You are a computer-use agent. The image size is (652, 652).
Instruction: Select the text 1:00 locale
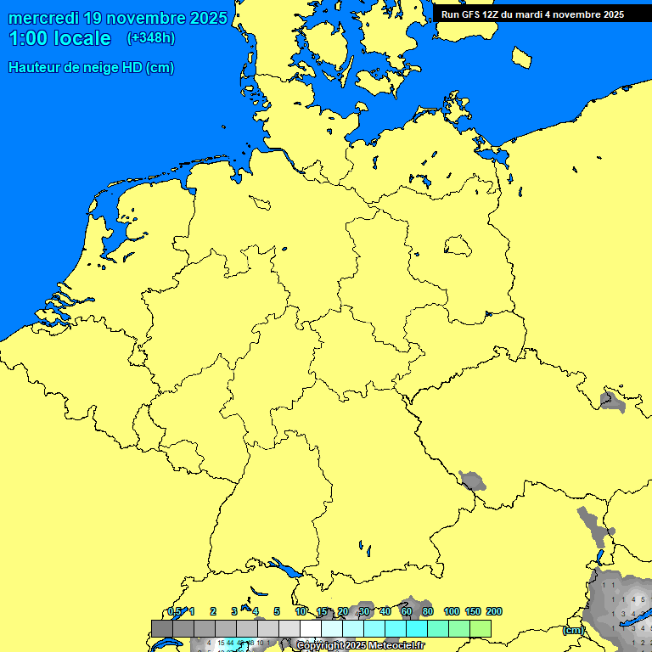point(59,39)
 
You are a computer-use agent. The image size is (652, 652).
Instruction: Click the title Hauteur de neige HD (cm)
point(91,68)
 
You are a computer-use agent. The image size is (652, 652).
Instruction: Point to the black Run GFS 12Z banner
point(533,14)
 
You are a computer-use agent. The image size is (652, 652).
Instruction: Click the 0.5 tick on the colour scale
point(174,611)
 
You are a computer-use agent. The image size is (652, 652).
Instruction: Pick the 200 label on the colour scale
point(494,611)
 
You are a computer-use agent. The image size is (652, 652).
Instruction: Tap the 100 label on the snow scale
point(452,611)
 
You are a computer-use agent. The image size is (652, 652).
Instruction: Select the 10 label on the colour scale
point(301,611)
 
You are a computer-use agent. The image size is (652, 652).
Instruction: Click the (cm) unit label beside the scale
point(573,630)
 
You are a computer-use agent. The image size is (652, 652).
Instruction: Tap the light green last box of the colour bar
point(481,628)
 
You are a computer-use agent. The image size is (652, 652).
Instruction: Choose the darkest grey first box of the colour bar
point(162,628)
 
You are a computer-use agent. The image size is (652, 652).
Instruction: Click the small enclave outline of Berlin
point(458,246)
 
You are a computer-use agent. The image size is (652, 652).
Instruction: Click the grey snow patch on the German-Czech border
point(472,481)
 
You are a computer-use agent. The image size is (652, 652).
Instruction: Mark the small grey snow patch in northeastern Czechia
point(610,400)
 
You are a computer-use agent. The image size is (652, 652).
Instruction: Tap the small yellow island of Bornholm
point(522,56)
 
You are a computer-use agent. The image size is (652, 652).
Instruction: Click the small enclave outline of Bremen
point(260,202)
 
